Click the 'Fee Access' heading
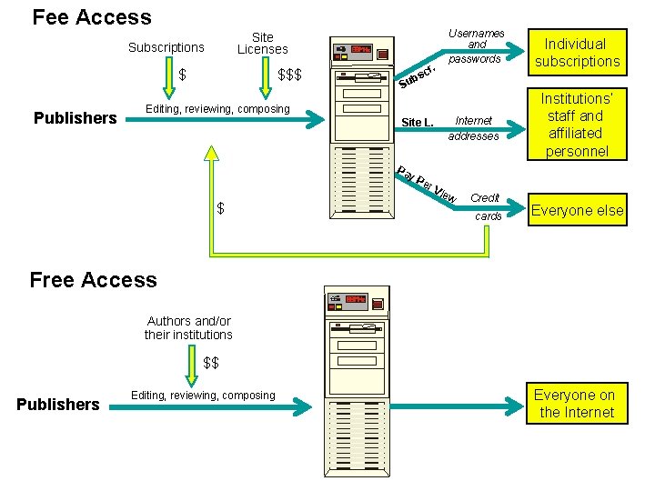click(92, 17)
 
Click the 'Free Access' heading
click(93, 280)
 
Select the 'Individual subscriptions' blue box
click(577, 53)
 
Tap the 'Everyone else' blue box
click(577, 210)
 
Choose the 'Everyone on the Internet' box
click(574, 404)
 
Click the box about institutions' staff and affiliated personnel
click(577, 125)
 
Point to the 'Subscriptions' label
click(166, 47)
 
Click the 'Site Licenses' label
click(262, 44)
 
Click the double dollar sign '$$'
click(211, 363)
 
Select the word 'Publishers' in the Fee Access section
click(75, 117)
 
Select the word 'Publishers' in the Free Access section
click(58, 405)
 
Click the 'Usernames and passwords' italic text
click(476, 46)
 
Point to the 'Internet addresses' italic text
click(473, 128)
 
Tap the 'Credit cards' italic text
click(486, 206)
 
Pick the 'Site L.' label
click(418, 122)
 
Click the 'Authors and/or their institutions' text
click(188, 327)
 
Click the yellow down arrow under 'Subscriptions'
click(169, 79)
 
